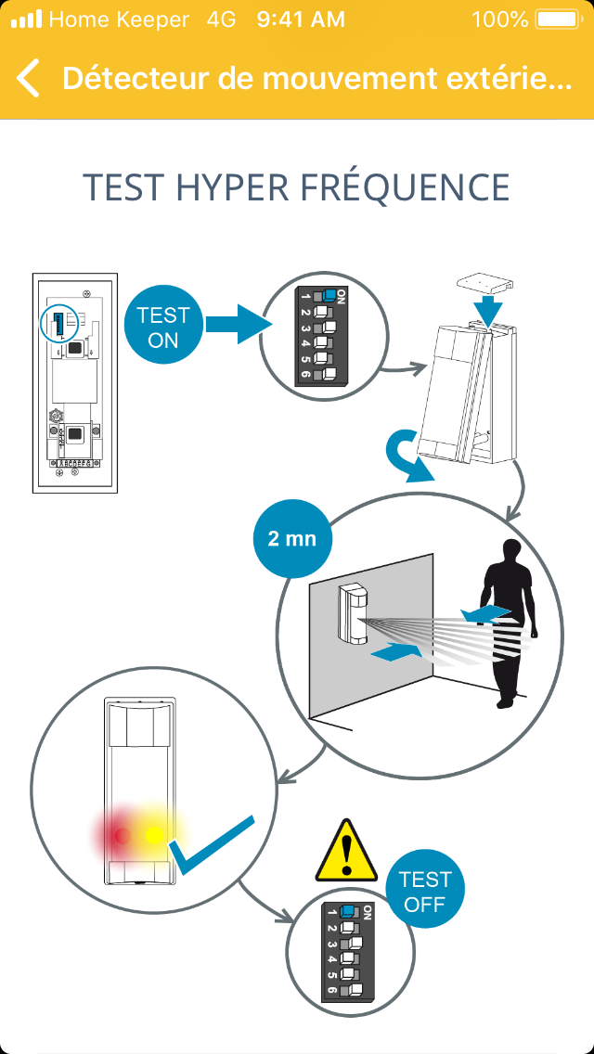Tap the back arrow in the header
29,78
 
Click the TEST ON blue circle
163,328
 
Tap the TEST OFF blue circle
425,892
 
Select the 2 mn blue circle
292,538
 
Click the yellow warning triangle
346,852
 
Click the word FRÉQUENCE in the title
404,187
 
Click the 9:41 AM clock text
301,19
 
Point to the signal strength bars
25,19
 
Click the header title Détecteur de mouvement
316,78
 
